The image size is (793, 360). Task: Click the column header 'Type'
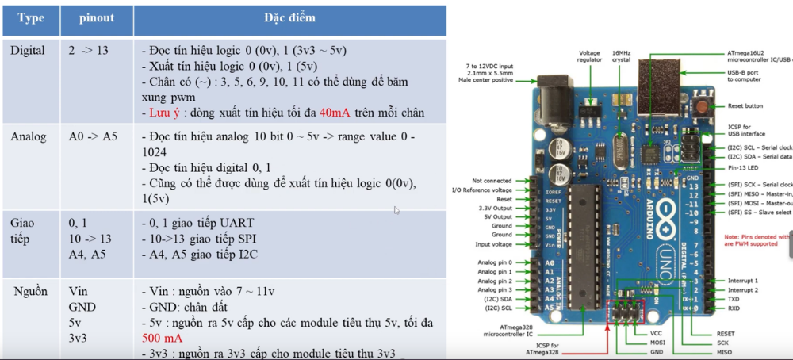click(30, 17)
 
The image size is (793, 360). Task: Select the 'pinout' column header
click(98, 17)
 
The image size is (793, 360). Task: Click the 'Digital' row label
click(28, 51)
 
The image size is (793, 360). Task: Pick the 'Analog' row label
click(28, 136)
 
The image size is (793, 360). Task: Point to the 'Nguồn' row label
click(30, 291)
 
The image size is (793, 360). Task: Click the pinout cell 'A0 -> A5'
click(93, 136)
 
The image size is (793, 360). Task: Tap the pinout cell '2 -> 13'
click(88, 51)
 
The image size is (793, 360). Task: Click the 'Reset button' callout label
click(745, 106)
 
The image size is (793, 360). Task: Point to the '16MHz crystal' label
click(622, 57)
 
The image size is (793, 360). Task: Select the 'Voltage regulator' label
click(591, 57)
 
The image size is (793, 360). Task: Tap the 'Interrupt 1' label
click(744, 281)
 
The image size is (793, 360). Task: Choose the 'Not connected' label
click(492, 181)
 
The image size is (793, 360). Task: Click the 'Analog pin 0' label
click(494, 262)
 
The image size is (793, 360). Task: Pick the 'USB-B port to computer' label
click(749, 76)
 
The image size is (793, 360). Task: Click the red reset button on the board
click(701, 106)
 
